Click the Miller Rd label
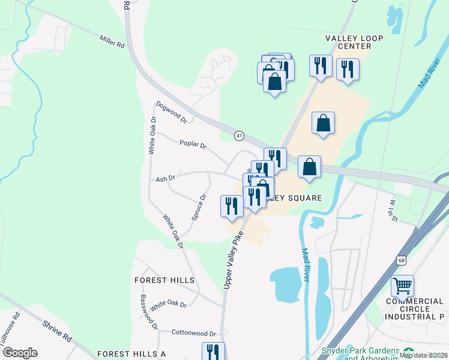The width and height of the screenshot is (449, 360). click(x=112, y=41)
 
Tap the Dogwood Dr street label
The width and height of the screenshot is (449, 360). click(x=172, y=112)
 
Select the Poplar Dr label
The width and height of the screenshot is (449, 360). click(x=193, y=145)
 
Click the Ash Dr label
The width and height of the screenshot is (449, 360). click(x=165, y=178)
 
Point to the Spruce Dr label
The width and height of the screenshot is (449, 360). click(x=199, y=207)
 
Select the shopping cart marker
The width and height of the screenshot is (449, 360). click(x=402, y=286)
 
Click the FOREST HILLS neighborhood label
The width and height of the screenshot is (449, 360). click(x=164, y=280)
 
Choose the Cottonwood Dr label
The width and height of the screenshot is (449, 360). click(x=193, y=333)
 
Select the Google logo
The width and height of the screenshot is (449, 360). click(x=19, y=353)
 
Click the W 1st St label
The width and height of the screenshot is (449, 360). click(x=392, y=210)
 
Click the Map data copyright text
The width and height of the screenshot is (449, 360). click(x=423, y=355)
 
